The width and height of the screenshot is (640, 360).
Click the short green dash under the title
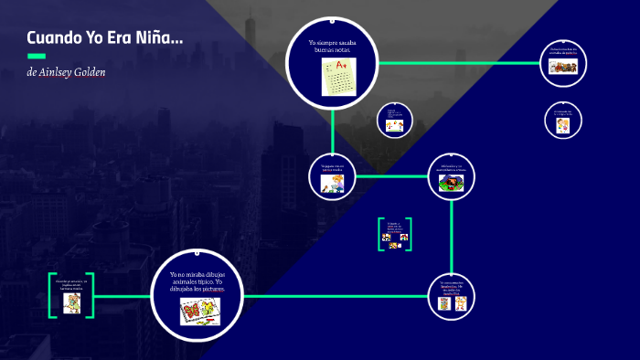(x=37, y=56)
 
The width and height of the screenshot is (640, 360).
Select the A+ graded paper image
(x=338, y=76)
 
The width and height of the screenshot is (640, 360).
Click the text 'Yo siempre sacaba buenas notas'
(x=332, y=47)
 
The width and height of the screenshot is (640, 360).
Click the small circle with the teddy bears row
(x=562, y=63)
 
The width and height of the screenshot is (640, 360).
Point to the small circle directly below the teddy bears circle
(x=563, y=121)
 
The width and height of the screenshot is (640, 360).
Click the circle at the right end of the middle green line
(x=452, y=175)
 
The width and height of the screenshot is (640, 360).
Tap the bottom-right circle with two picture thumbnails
(x=452, y=296)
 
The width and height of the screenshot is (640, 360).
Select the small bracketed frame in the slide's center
(x=395, y=233)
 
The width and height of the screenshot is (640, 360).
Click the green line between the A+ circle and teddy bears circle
(x=457, y=63)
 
